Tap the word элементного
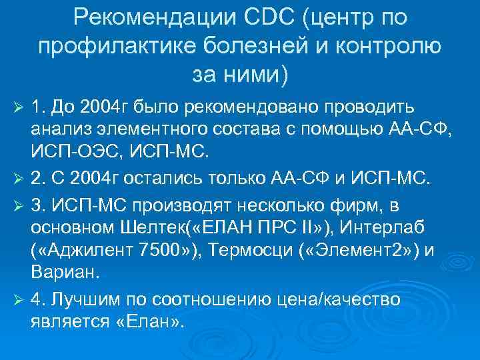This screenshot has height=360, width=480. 157,131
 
